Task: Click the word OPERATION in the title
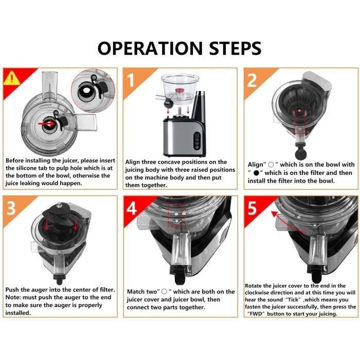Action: [x=150, y=48]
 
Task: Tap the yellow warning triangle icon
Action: [x=12, y=78]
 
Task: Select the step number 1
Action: [x=131, y=80]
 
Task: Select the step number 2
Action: [x=252, y=80]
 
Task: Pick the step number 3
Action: [x=11, y=208]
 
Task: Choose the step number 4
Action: [x=132, y=208]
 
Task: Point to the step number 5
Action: [x=252, y=208]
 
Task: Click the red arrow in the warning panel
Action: [x=47, y=124]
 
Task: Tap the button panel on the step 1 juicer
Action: [x=196, y=141]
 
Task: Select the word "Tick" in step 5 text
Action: [x=293, y=300]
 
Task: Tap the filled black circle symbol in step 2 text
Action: [x=257, y=173]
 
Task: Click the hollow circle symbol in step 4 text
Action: [x=164, y=292]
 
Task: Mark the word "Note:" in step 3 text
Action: [x=13, y=297]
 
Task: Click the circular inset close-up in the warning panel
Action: [x=93, y=91]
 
